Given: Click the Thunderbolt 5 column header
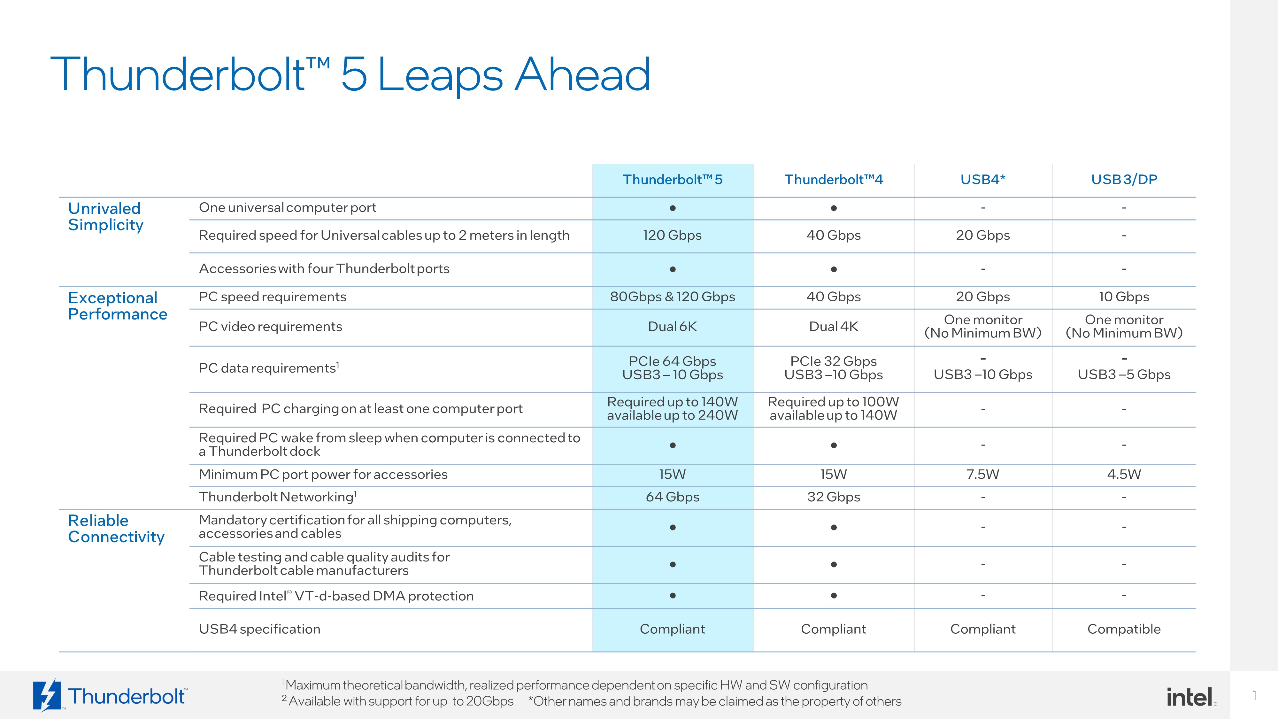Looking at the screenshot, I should coord(672,179).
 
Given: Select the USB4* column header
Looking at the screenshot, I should coord(982,179).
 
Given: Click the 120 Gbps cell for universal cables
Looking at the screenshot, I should coord(672,235).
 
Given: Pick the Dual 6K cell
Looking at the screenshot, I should coord(672,327).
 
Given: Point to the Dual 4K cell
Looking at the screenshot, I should coord(834,327).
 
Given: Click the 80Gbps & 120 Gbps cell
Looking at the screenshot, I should coord(672,297).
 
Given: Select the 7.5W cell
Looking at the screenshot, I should coord(982,474).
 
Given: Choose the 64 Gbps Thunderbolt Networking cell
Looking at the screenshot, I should coord(672,497).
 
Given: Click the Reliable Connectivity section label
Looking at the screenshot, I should coord(116,529).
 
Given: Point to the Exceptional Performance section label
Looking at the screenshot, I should coord(118,306).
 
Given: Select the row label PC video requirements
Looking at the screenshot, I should coord(270,327).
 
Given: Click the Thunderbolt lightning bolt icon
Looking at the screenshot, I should coord(47,695).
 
